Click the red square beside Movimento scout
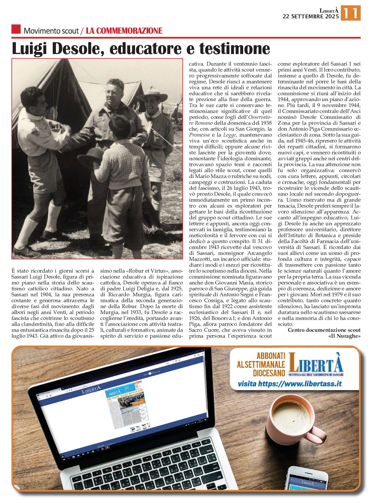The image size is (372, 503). (x=16, y=29)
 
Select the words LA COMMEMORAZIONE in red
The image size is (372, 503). (x=124, y=31)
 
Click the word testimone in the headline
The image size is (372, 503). (x=235, y=48)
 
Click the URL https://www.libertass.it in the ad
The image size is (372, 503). (x=290, y=384)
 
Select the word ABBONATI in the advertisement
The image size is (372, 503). (x=271, y=356)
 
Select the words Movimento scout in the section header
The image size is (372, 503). (x=51, y=31)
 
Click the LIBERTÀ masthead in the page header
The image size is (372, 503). (x=329, y=10)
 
